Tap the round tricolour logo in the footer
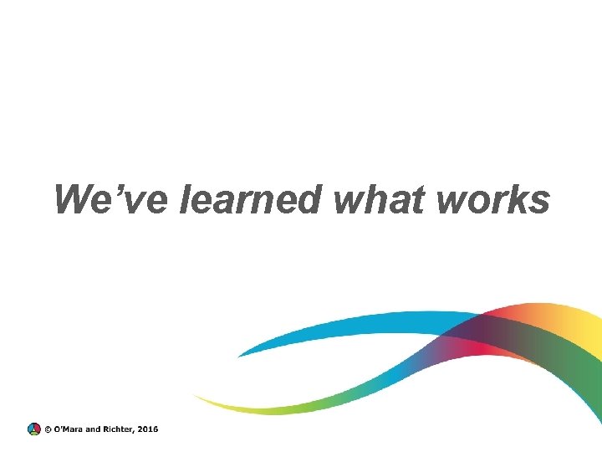pos(33,429)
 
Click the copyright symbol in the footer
pos(47,429)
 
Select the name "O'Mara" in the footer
pos(68,429)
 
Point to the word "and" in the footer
pos(94,429)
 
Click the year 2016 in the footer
pos(148,429)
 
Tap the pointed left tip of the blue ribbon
pos(239,356)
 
